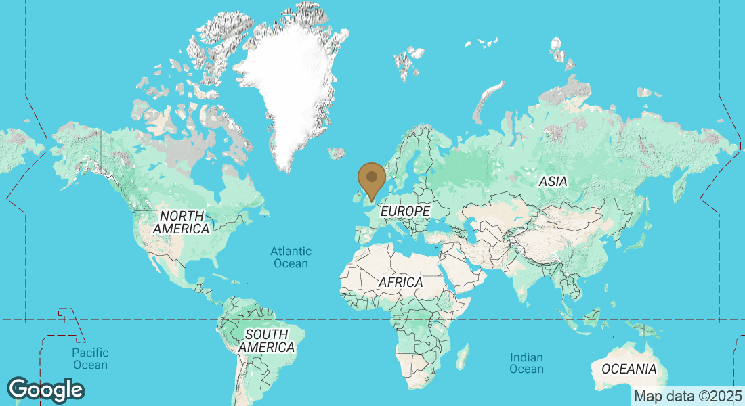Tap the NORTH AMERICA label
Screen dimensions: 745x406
181,222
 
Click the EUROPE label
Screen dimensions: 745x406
405,212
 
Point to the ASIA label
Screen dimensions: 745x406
553,181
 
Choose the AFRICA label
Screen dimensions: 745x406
400,281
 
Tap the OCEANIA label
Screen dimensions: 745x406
629,369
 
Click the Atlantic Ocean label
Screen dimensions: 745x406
291,257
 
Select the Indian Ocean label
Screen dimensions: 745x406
526,363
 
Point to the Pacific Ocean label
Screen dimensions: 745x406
90,359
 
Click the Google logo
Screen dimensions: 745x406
46,390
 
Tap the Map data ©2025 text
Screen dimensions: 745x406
687,396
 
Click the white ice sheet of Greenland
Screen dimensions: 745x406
288,88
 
